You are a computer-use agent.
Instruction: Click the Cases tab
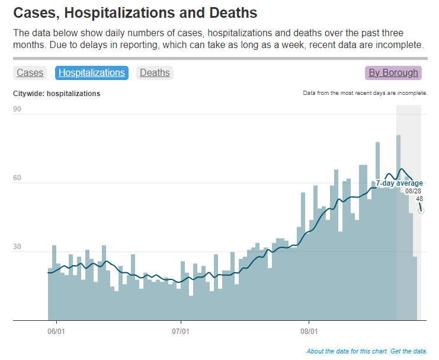tap(30, 73)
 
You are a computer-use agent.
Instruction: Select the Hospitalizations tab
tap(92, 73)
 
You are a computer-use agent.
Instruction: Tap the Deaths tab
tap(155, 73)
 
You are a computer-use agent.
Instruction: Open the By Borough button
tap(393, 73)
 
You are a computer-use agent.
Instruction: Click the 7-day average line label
tap(399, 183)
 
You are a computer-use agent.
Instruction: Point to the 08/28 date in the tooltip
tap(414, 191)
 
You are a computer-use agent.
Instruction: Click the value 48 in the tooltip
tap(419, 199)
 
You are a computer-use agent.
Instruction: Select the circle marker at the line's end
tap(421, 211)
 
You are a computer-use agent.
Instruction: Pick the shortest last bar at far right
tap(415, 288)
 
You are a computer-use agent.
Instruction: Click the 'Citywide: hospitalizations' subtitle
tap(57, 94)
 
